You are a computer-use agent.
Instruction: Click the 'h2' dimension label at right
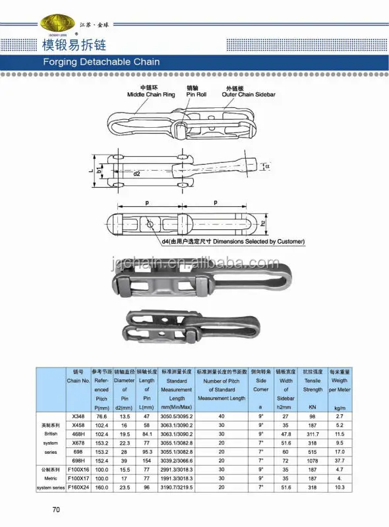tap(262, 223)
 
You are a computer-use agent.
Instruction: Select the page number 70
tap(57, 509)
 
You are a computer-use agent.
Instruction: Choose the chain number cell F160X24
tap(78, 485)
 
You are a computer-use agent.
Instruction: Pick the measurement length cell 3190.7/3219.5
tap(176, 485)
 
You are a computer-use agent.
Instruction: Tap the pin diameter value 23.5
tap(124, 485)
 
